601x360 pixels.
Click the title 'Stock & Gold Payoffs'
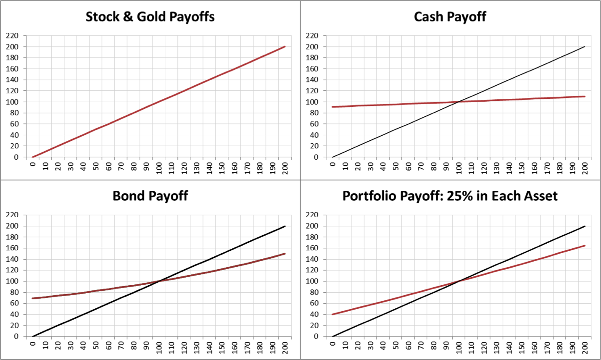[150, 17]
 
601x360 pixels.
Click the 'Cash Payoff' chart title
[450, 17]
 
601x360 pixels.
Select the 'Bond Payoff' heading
[150, 196]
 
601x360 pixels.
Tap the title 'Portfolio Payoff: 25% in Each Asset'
[450, 196]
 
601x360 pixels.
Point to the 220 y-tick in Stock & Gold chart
[12, 36]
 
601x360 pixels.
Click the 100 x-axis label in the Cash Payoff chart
[459, 168]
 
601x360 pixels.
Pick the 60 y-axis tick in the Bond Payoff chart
[14, 303]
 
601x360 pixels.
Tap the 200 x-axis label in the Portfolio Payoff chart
[585, 347]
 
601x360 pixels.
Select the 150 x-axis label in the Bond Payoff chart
[222, 347]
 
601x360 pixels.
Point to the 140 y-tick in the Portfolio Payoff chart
[312, 259]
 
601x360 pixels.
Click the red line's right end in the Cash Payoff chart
[585, 97]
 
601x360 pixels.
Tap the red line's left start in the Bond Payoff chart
[33, 298]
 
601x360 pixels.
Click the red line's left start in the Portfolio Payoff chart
[333, 314]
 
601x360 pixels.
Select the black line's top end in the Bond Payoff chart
[285, 226]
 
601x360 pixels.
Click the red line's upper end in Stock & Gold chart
[285, 47]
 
